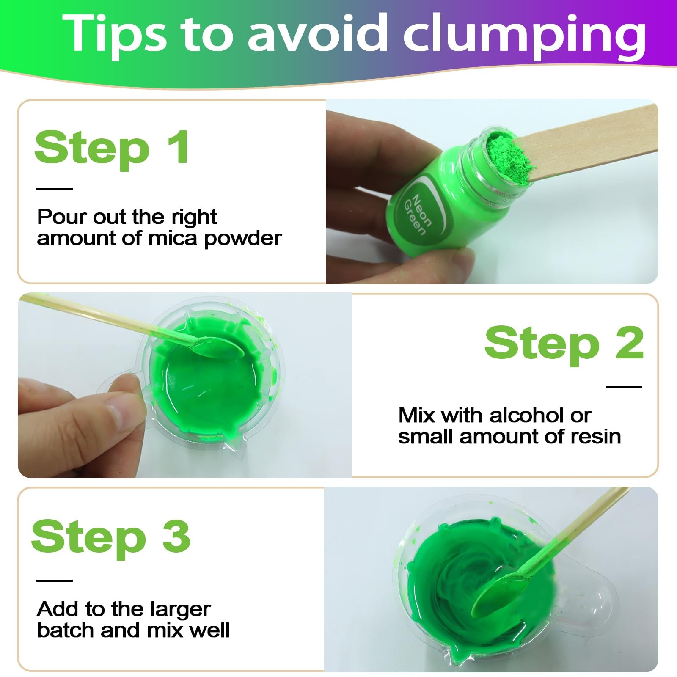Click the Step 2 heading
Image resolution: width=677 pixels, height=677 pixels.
(564, 344)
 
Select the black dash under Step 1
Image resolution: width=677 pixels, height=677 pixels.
(55, 189)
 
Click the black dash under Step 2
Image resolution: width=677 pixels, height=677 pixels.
(624, 386)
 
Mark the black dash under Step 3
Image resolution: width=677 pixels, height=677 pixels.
(55, 580)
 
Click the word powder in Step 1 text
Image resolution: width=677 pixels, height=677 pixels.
(243, 239)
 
